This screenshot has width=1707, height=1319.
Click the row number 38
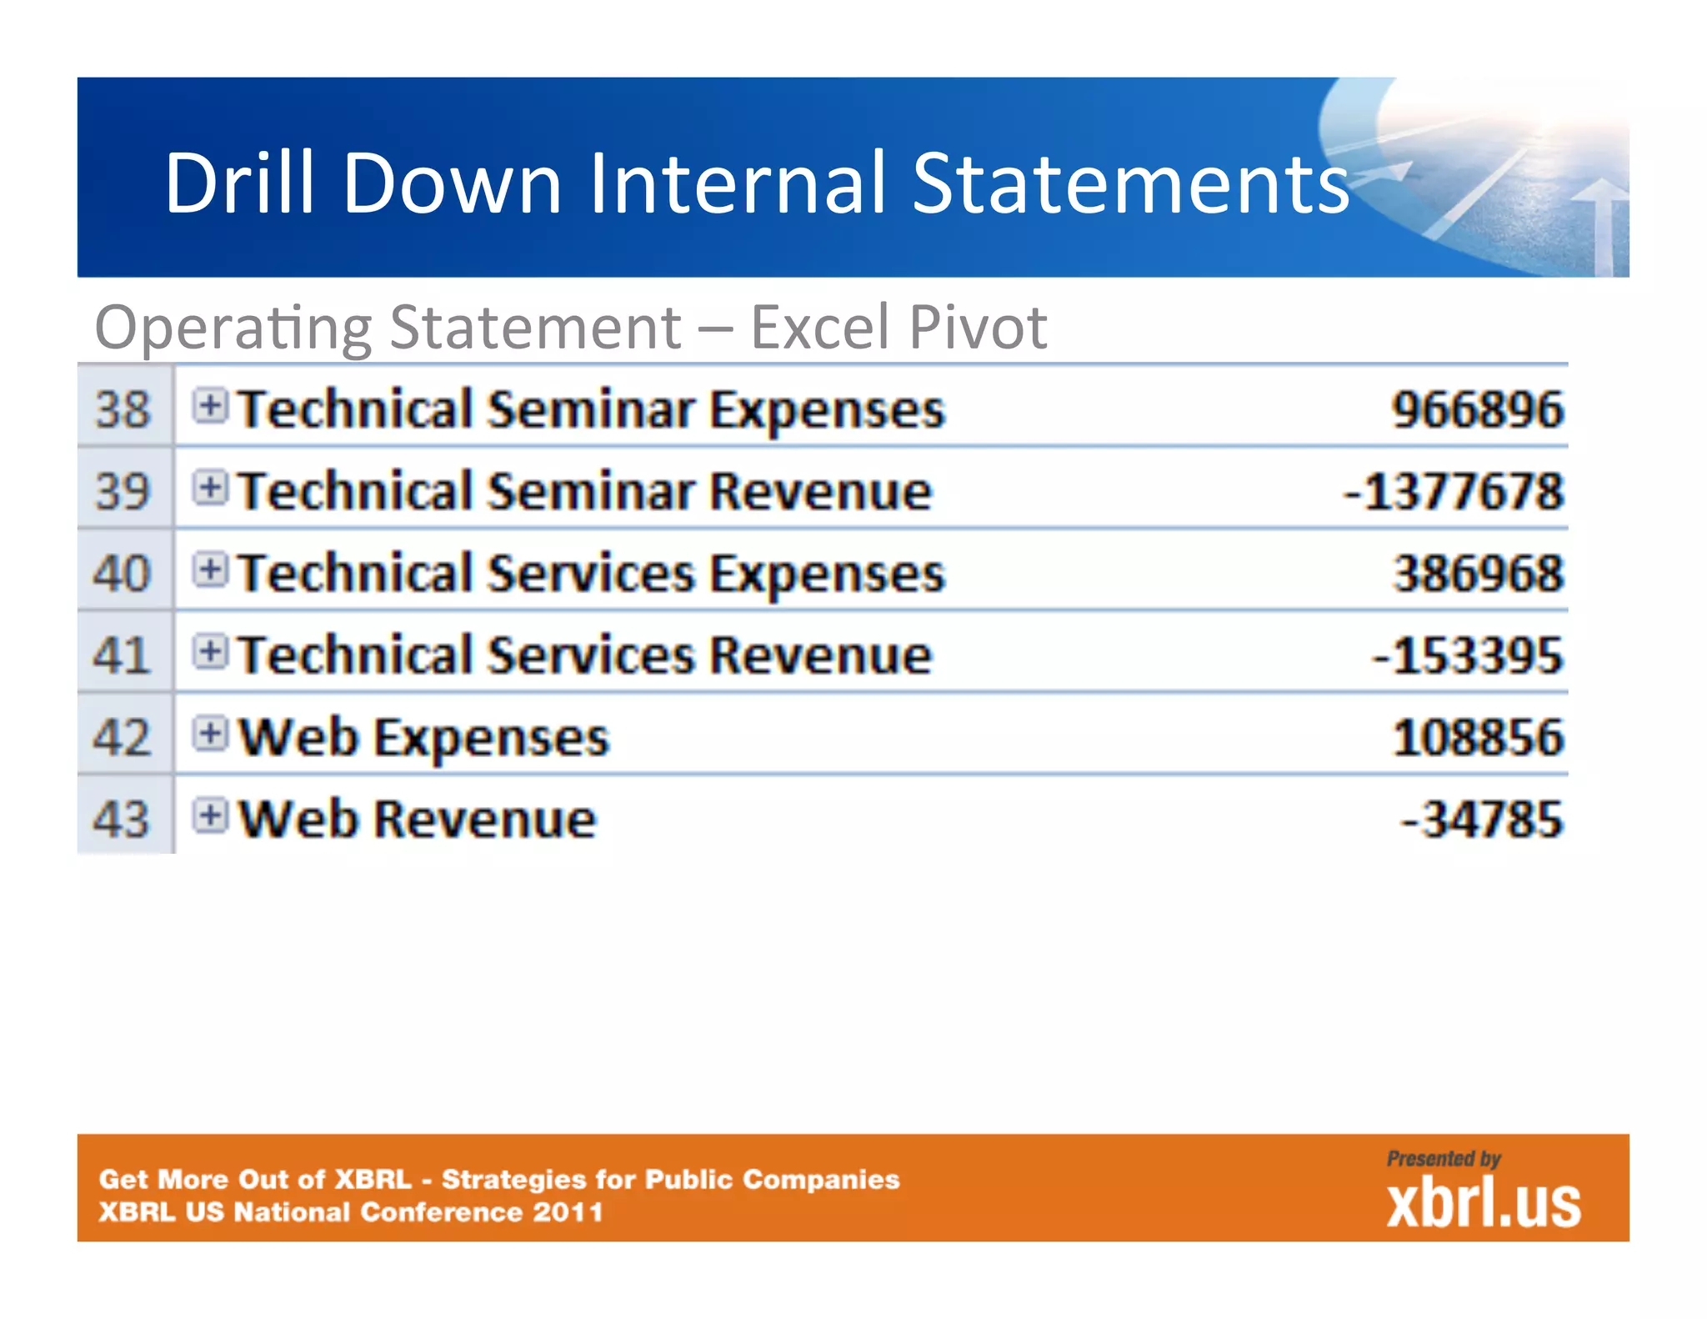click(123, 409)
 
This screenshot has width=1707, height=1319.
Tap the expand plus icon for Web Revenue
click(210, 815)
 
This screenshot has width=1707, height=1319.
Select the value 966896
click(1478, 409)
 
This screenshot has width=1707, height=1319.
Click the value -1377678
click(1454, 491)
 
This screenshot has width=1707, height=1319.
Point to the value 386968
click(1478, 574)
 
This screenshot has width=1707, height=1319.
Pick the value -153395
click(1467, 655)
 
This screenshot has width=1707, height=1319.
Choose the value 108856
click(1478, 738)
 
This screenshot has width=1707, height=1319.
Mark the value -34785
click(1481, 819)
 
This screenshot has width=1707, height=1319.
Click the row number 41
click(123, 655)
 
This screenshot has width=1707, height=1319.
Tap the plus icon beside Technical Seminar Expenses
click(210, 406)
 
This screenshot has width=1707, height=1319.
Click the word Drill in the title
click(240, 183)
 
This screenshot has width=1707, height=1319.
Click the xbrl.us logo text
click(1483, 1204)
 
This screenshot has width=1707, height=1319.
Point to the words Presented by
click(1443, 1158)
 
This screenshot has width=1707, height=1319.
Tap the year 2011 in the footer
click(568, 1211)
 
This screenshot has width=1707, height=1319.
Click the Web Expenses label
click(423, 738)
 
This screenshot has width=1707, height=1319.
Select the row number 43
click(123, 819)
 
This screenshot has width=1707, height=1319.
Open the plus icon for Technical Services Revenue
click(210, 652)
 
